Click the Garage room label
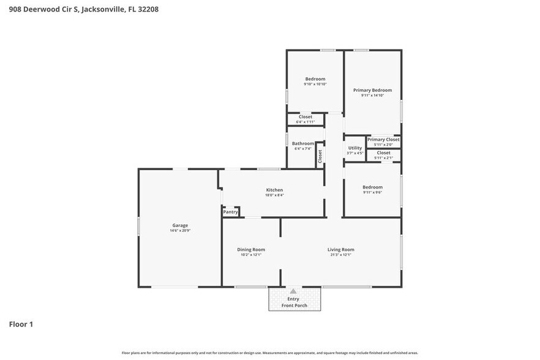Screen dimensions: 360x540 click(x=179, y=225)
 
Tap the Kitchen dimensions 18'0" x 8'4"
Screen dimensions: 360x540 click(x=274, y=195)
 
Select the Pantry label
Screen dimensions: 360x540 click(x=230, y=212)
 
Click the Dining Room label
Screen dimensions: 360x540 click(x=251, y=249)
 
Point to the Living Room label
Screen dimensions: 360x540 click(x=341, y=249)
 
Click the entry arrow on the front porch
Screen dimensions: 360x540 click(x=293, y=291)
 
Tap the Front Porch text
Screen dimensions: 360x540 click(x=293, y=305)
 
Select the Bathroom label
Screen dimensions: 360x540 click(x=303, y=143)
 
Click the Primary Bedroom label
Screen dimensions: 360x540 click(x=372, y=90)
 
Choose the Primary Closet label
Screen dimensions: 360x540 click(x=383, y=140)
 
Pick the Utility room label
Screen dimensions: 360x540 click(x=355, y=148)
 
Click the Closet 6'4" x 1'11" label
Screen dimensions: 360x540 click(x=305, y=117)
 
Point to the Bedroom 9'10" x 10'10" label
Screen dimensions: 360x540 click(x=315, y=79)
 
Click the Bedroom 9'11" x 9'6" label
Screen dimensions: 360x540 click(x=372, y=187)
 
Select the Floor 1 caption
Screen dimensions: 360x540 click(x=21, y=324)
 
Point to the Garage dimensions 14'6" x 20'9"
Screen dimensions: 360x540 click(x=180, y=231)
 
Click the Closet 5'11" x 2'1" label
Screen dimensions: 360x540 click(x=383, y=153)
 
